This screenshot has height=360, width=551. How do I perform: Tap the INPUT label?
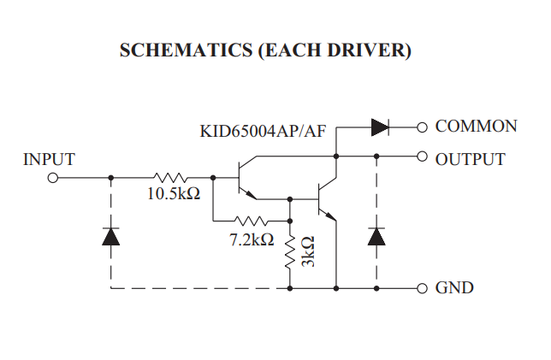click(49, 159)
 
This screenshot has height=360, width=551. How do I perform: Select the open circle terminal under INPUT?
click(52, 178)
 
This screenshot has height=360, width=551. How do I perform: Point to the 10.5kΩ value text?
click(173, 195)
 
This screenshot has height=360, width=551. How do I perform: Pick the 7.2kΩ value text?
click(252, 240)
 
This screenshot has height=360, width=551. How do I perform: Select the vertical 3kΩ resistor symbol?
click(290, 251)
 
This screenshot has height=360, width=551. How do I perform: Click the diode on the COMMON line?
click(380, 127)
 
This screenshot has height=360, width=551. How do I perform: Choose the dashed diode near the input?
click(110, 236)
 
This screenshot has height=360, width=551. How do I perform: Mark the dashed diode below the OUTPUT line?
click(376, 236)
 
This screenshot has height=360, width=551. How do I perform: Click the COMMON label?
click(476, 127)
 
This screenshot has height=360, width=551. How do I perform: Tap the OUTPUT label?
click(470, 159)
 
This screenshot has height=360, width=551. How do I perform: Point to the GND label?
click(454, 288)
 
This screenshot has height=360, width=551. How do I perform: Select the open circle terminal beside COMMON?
click(421, 127)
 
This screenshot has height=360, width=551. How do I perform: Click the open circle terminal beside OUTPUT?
click(421, 156)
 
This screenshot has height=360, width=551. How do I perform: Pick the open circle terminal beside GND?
click(421, 288)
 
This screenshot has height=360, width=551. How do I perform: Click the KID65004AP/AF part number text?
click(264, 133)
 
